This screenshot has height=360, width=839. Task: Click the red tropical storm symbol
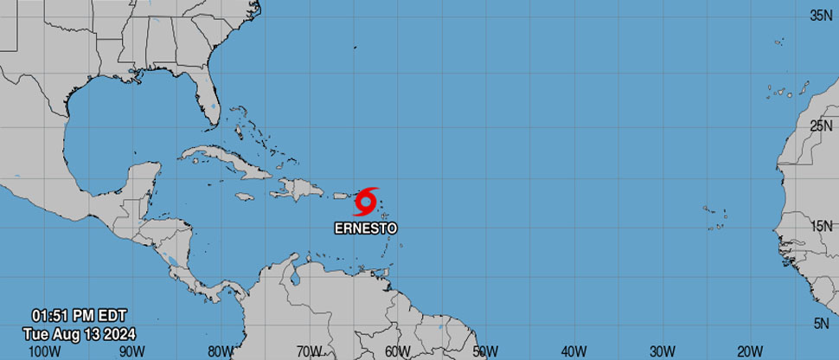pos(366,202)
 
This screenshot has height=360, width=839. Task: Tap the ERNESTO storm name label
pos(366,228)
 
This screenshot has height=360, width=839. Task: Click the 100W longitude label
pos(44,350)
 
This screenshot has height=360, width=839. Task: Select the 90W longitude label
pos(131,350)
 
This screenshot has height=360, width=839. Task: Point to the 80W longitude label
pos(220,350)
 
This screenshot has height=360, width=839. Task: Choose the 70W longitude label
pos(309,350)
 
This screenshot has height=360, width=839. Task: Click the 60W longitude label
pos(397,350)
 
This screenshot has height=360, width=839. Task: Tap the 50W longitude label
pos(485,350)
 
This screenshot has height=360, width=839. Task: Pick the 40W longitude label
pos(573,350)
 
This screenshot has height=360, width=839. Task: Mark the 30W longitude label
pos(662,350)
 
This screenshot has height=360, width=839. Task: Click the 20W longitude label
pos(750,350)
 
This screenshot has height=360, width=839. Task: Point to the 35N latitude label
pos(821,16)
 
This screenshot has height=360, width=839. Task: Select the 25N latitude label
pos(821,127)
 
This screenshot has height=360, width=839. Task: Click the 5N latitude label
pos(824,322)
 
